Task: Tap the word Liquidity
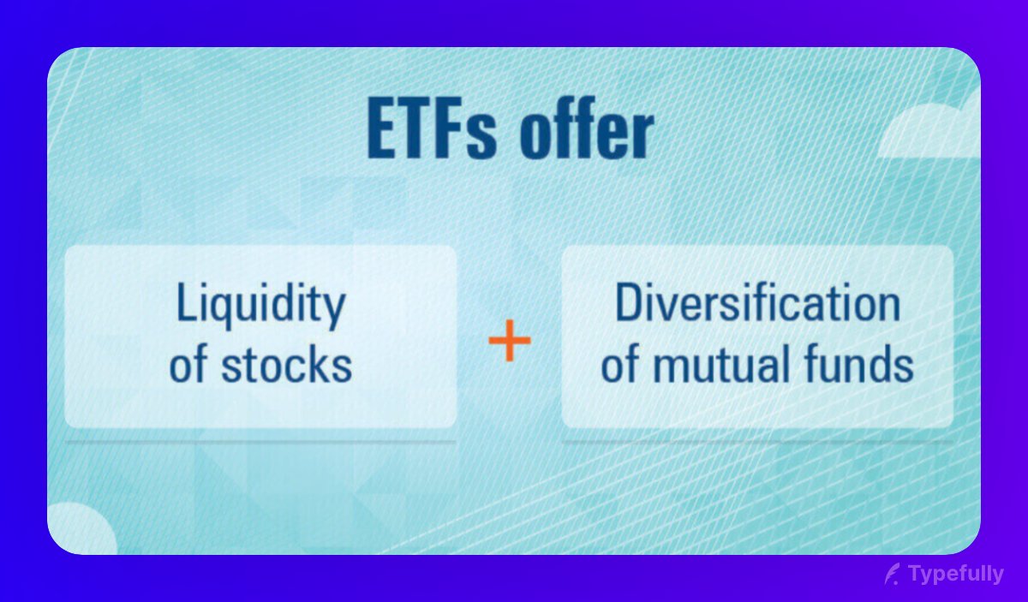(x=260, y=305)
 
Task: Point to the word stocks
(x=286, y=364)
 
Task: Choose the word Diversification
(x=757, y=305)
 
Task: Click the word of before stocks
(x=188, y=364)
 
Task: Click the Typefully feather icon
(x=893, y=574)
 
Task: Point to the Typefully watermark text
(x=956, y=574)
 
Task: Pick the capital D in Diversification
(x=628, y=305)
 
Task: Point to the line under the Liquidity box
(x=260, y=442)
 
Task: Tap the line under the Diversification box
(x=757, y=442)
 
